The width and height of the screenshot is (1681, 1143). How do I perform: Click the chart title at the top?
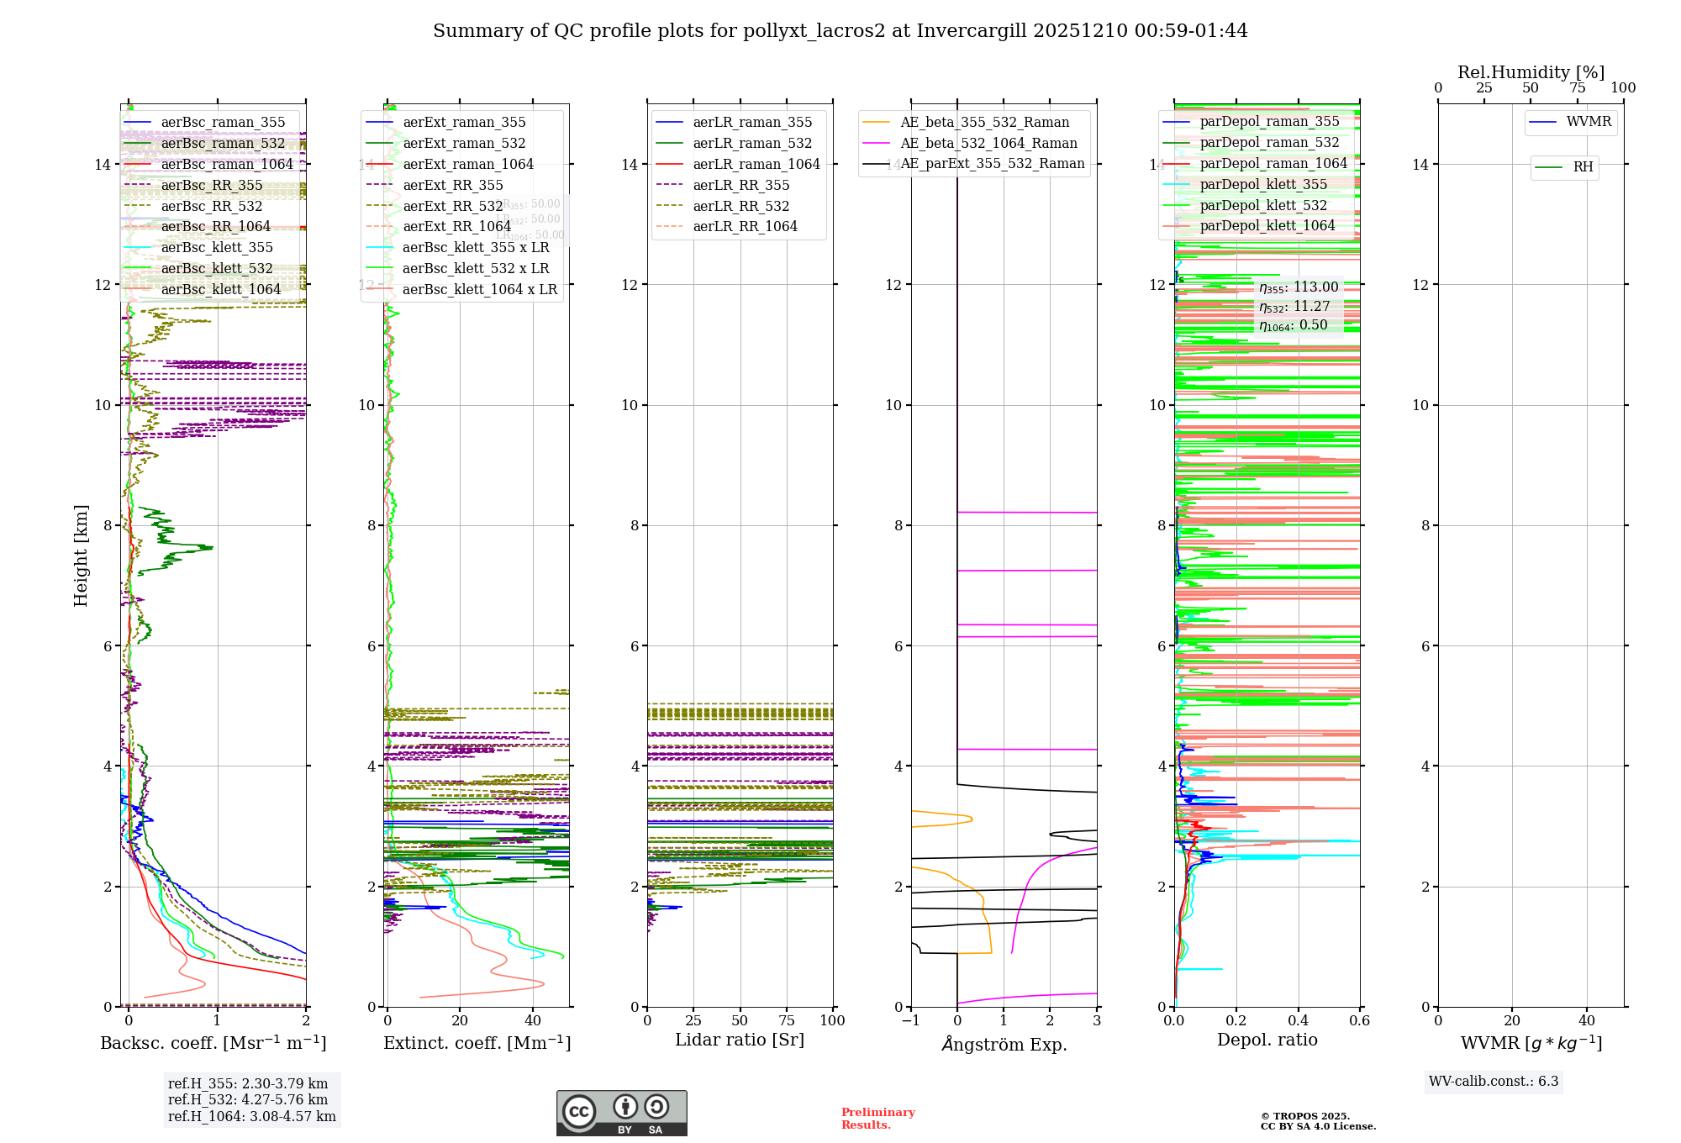[840, 31]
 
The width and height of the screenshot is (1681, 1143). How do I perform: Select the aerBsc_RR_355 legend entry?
[211, 185]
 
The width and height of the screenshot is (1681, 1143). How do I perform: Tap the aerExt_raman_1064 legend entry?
[467, 164]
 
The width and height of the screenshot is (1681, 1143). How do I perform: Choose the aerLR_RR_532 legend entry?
[740, 206]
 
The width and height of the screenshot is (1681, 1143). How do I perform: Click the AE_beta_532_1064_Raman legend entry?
[988, 143]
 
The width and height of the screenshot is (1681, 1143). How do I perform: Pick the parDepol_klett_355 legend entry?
[1263, 184]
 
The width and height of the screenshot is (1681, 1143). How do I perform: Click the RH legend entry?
[1583, 167]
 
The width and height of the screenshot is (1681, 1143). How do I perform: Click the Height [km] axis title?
[81, 555]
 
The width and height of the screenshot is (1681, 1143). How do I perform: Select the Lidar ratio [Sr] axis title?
[740, 1040]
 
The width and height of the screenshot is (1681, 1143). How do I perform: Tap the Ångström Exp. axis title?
[1004, 1044]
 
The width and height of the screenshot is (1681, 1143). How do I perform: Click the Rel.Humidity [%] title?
[1531, 72]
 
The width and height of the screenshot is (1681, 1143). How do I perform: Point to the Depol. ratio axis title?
[1267, 1040]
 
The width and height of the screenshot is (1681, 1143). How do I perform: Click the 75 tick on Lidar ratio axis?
[787, 1020]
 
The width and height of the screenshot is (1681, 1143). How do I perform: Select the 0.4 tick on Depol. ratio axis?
[1298, 1020]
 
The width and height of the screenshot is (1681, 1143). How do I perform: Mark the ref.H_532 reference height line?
[248, 1099]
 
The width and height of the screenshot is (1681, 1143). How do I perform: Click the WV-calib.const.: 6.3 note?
[1494, 1081]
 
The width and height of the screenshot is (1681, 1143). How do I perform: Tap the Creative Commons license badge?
[621, 1113]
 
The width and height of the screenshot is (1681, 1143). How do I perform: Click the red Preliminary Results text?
[877, 1118]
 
